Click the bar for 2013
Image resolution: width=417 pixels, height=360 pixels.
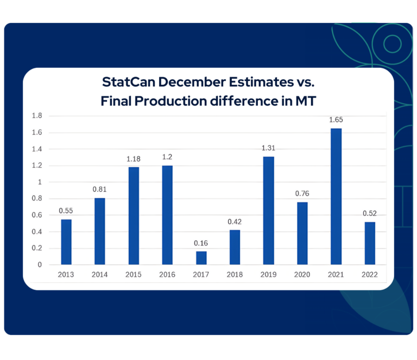point(66,242)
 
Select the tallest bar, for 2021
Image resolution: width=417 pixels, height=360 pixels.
point(336,197)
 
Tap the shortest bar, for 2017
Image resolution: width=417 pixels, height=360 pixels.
point(201,258)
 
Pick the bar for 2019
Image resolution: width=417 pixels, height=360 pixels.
point(269,211)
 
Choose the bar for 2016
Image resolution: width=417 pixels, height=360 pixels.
point(167,215)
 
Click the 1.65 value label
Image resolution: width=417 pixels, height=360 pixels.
point(336,120)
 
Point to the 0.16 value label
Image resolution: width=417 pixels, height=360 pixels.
point(201,243)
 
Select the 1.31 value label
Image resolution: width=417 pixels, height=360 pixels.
point(269,148)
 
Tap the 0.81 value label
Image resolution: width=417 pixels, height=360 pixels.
point(100,190)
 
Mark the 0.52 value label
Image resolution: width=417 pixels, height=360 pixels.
point(370,213)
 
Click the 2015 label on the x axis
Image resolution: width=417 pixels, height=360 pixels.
point(134,275)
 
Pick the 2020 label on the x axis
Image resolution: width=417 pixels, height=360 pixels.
point(302,275)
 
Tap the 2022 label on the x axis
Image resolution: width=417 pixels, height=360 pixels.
point(370,275)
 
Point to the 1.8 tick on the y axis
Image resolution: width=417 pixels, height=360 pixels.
point(37,116)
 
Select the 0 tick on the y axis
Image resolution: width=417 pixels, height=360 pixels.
point(40,265)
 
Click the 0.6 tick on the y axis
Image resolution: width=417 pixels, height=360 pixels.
point(37,215)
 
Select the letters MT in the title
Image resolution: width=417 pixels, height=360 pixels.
point(304,100)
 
